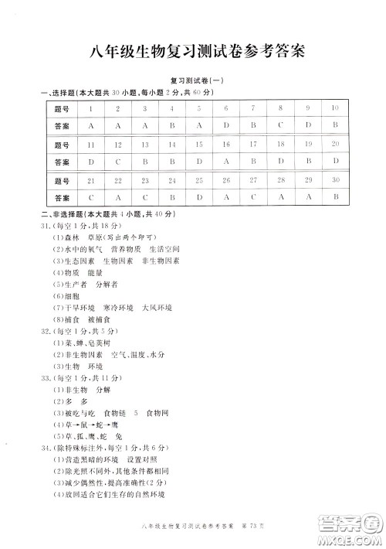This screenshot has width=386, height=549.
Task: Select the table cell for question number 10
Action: (335, 109)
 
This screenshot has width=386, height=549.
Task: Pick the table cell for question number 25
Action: (199, 180)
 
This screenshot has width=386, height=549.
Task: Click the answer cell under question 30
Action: (335, 197)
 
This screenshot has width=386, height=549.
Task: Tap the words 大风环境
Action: (157, 307)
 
